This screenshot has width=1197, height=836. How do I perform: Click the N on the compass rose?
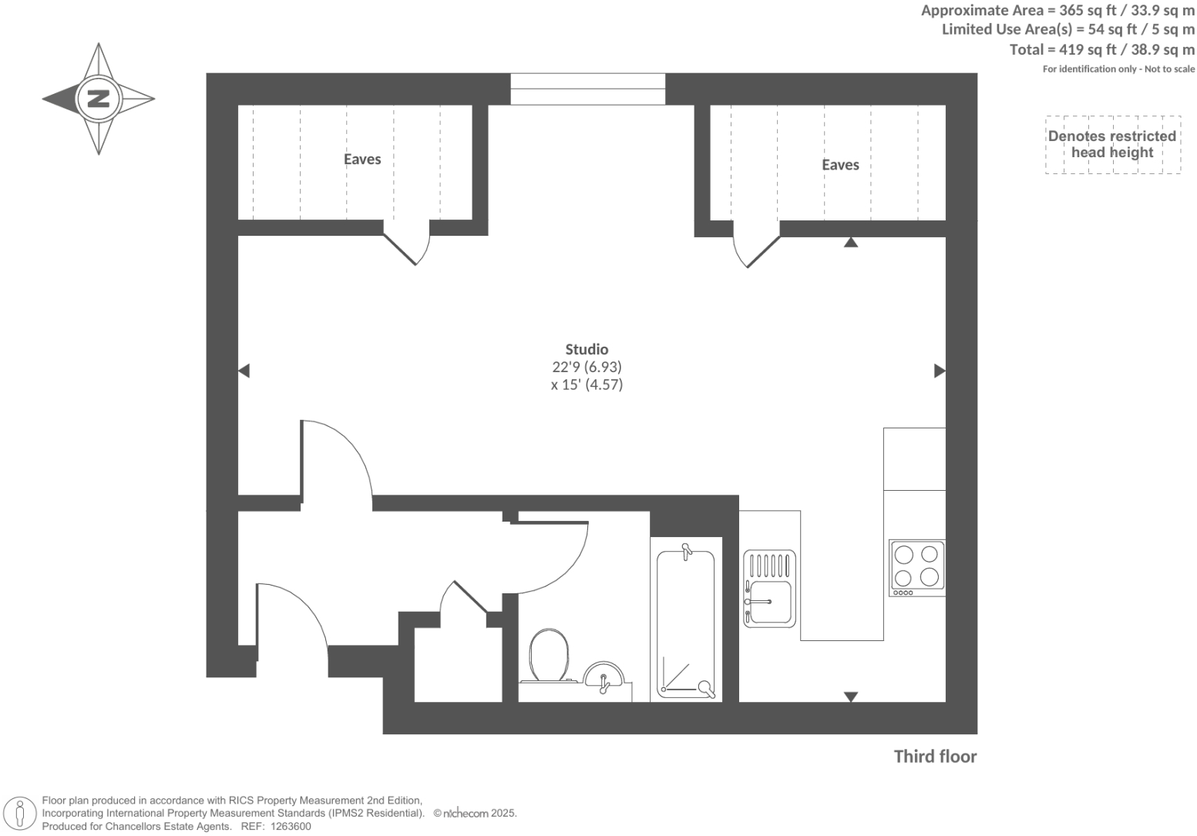pyautogui.click(x=99, y=99)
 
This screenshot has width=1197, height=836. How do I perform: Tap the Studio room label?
pyautogui.click(x=587, y=349)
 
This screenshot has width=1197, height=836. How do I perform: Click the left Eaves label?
pyautogui.click(x=362, y=159)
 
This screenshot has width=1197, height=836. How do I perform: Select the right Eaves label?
pyautogui.click(x=840, y=165)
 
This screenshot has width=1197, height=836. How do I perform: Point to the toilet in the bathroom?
pyautogui.click(x=548, y=657)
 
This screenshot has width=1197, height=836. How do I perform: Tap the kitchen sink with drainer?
pyautogui.click(x=768, y=588)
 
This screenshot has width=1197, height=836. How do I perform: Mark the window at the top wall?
pyautogui.click(x=587, y=89)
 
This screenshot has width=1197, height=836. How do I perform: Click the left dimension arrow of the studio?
pyautogui.click(x=244, y=371)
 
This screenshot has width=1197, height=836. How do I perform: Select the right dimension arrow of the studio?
pyautogui.click(x=940, y=371)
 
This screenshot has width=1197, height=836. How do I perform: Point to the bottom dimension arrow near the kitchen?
pyautogui.click(x=850, y=697)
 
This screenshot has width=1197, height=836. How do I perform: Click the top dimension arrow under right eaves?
pyautogui.click(x=850, y=242)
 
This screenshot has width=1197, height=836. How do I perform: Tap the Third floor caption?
pyautogui.click(x=935, y=757)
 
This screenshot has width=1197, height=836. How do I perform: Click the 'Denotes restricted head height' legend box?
pyautogui.click(x=1112, y=144)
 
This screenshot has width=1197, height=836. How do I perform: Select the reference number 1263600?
pyautogui.click(x=288, y=827)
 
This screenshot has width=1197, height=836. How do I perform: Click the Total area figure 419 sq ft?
pyautogui.click(x=1102, y=49)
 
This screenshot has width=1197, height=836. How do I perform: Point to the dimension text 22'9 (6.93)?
pyautogui.click(x=587, y=367)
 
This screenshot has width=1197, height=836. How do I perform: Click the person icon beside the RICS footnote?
pyautogui.click(x=21, y=814)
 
